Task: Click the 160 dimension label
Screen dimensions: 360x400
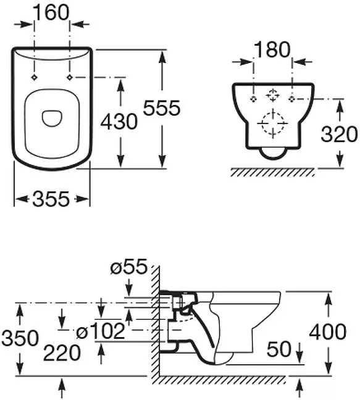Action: tap(51, 12)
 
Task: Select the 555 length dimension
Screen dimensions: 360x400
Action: tap(162, 108)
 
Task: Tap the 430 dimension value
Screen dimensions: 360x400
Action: tap(119, 122)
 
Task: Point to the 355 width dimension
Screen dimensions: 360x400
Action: tap(51, 199)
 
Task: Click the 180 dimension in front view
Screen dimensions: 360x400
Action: tap(272, 49)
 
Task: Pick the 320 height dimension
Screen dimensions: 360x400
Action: tap(339, 134)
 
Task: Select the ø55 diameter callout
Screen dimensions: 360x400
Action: tap(129, 267)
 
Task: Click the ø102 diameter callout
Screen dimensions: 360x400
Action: tap(101, 331)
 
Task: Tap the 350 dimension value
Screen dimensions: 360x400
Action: tap(20, 338)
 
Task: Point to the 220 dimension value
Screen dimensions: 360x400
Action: tap(62, 353)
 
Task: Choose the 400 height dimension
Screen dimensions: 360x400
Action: tap(328, 332)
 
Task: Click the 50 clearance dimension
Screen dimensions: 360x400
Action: tap(278, 349)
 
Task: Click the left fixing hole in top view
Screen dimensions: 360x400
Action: tap(34, 77)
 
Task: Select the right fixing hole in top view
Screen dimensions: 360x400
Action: tap(69, 77)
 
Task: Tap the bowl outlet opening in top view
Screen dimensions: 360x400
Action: tap(52, 119)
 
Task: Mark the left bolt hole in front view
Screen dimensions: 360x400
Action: tap(253, 99)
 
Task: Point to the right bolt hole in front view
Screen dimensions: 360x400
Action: tap(291, 99)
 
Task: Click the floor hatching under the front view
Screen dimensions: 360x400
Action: tap(272, 173)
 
